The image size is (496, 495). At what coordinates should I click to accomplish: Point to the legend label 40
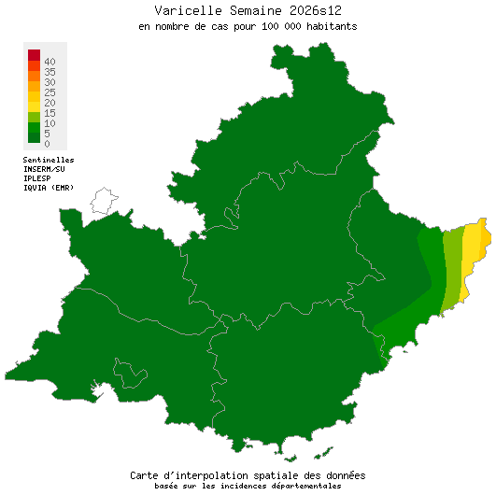(50, 62)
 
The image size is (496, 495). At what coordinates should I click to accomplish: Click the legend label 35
(50, 72)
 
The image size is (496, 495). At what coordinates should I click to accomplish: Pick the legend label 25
(50, 92)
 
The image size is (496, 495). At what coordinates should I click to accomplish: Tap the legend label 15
(50, 113)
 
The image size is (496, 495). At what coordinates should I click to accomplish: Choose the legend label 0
(47, 144)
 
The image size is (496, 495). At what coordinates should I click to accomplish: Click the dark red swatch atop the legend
(34, 54)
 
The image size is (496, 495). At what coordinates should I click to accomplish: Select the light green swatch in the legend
(34, 116)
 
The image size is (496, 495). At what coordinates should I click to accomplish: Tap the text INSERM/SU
(44, 169)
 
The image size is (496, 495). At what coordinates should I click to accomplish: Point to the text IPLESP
(37, 178)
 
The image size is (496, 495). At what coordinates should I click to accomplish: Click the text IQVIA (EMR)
(48, 188)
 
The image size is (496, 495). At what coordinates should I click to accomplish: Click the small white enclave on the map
(103, 200)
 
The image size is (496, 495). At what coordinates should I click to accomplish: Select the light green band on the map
(452, 271)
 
